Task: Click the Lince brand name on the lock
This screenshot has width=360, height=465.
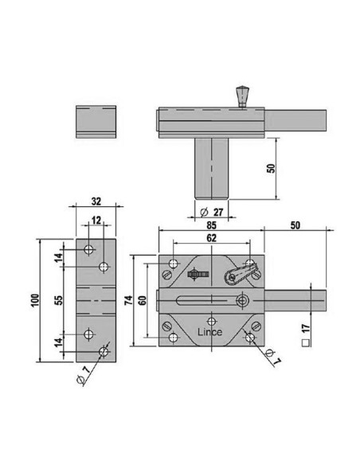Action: (x=209, y=332)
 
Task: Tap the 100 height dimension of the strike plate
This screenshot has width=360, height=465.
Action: (x=35, y=300)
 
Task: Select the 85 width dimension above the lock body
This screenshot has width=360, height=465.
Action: (x=211, y=225)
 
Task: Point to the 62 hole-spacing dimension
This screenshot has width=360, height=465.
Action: (x=211, y=238)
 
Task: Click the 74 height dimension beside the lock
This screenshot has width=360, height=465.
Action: (x=129, y=300)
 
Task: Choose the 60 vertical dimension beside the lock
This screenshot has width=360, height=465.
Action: (x=143, y=300)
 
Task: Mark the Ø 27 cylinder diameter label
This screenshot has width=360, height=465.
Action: (x=211, y=212)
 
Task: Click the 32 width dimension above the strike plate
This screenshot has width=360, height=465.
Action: (x=96, y=201)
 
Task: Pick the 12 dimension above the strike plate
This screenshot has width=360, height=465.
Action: (x=96, y=220)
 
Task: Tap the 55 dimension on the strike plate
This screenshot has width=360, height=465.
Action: (x=59, y=300)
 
